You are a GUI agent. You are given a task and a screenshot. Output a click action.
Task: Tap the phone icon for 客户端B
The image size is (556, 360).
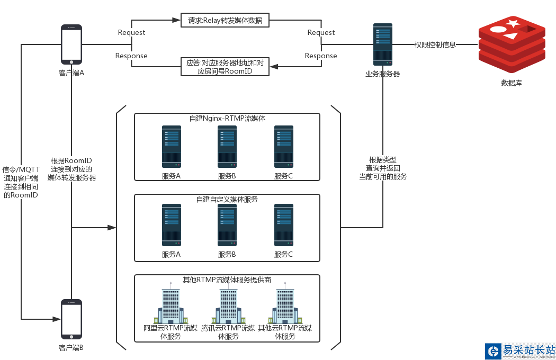coord(71,319)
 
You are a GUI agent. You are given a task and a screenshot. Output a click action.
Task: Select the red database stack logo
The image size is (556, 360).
coord(512,44)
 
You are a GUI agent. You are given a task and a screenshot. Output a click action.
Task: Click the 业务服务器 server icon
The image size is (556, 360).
coord(383,44)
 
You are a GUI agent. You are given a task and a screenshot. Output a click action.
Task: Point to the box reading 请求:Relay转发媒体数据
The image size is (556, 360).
coord(225,21)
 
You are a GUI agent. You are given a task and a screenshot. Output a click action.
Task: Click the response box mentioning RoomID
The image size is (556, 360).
coord(225,67)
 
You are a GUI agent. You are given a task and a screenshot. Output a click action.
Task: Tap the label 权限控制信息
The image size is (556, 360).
coord(435,45)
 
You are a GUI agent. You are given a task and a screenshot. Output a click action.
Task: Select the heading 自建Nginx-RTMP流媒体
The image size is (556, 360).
coord(227,119)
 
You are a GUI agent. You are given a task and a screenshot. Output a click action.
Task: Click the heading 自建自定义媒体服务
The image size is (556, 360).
coord(227,199)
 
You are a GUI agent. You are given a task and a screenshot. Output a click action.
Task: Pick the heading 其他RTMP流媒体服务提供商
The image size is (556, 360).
coord(227,280)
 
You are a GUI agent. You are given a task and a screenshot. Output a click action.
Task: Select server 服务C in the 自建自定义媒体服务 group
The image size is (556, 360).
coord(283,225)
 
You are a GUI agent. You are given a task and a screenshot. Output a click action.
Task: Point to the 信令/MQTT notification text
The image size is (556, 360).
coord(21,182)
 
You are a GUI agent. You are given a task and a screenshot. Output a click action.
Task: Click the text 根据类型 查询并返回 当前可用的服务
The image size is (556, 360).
coord(383,168)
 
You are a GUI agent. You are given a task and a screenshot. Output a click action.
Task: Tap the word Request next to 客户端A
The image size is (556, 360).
coord(131,33)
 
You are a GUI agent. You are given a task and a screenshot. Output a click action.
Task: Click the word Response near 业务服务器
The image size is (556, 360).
coord(321,56)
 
